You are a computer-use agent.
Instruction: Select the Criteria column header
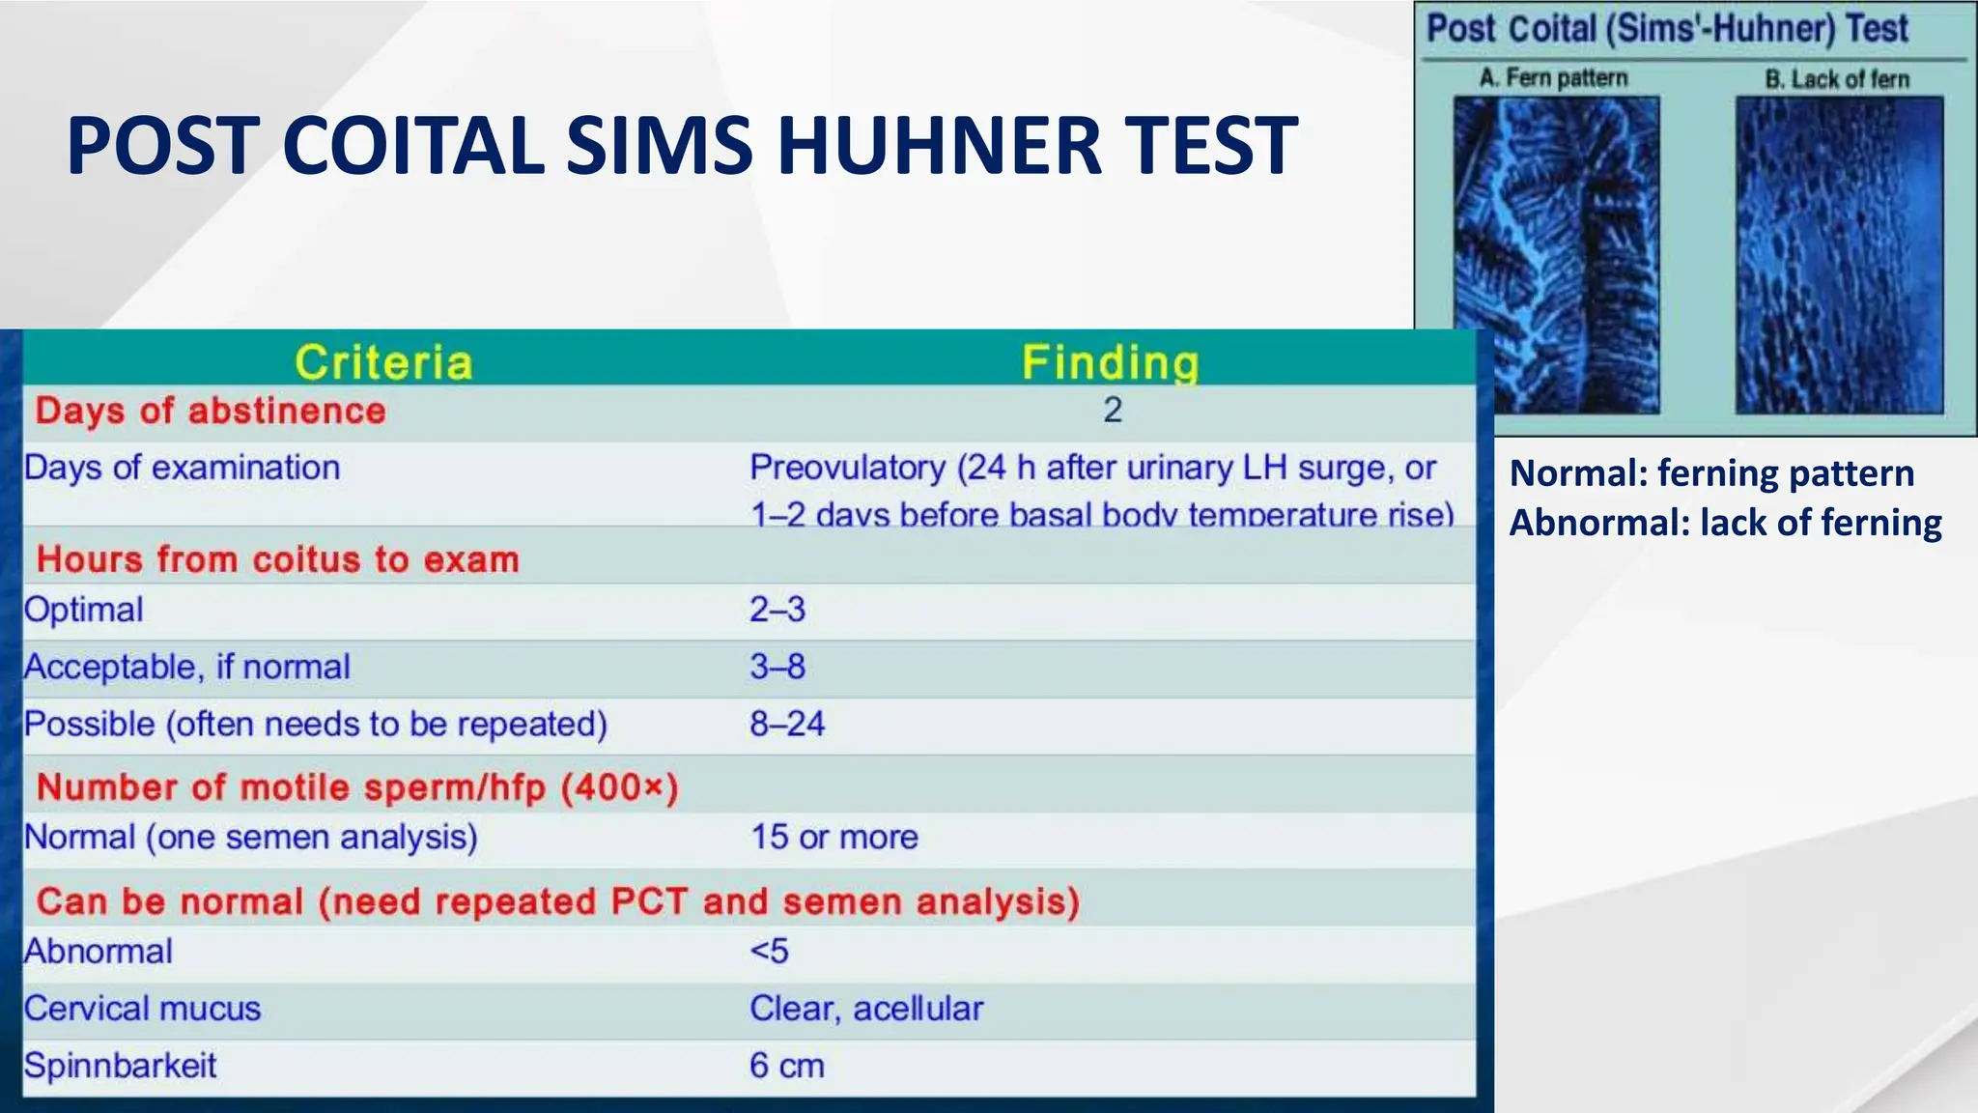point(383,362)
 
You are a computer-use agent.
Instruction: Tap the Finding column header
point(1111,362)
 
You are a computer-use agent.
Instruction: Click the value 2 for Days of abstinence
point(1113,411)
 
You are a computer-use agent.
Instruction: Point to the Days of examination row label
point(182,468)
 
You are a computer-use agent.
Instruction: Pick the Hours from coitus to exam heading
point(278,559)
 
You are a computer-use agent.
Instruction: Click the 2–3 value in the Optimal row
point(777,610)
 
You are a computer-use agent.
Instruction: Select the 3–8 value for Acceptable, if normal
point(777,667)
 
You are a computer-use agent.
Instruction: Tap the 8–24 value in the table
point(787,724)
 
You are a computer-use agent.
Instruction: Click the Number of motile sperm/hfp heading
point(357,787)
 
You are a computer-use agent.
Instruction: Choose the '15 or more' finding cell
point(834,837)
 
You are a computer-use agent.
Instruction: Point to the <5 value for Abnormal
point(770,952)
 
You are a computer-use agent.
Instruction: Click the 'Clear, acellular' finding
point(866,1009)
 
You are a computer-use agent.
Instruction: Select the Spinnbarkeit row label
point(121,1066)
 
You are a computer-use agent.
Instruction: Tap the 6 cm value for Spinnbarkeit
point(787,1066)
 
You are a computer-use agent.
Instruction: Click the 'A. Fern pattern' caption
point(1554,77)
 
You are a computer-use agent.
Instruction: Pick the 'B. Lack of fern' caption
point(1837,78)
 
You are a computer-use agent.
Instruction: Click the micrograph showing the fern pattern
point(1557,256)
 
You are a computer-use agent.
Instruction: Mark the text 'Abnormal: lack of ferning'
point(1726,523)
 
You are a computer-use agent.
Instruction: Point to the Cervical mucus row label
point(143,1009)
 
